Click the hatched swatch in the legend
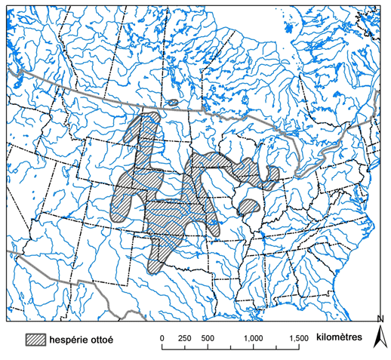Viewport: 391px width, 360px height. [37, 339]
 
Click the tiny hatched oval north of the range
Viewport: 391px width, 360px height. [173, 103]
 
